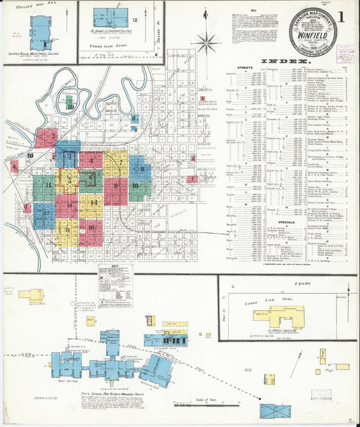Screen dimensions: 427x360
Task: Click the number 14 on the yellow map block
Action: point(93,203)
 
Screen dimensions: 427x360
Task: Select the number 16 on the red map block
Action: point(91,228)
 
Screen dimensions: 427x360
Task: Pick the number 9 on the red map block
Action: point(115,184)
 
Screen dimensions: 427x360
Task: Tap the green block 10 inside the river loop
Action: point(70,106)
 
